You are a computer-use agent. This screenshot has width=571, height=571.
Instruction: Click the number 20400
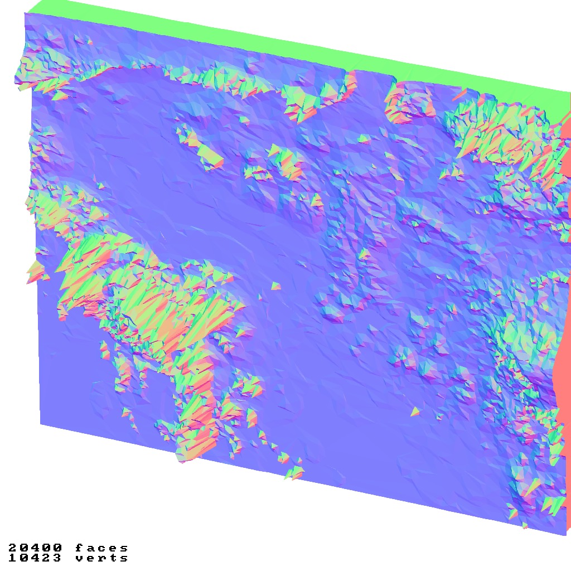[35, 548]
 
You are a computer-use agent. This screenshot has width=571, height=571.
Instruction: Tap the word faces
[101, 548]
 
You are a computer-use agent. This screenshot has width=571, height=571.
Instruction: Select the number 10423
[35, 558]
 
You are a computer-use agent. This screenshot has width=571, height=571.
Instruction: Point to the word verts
[101, 558]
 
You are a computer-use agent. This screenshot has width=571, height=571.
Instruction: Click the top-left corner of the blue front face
[25, 13]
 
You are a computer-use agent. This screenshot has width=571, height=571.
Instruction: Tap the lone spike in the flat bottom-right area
[415, 412]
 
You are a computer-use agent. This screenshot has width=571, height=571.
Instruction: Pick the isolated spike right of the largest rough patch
[276, 286]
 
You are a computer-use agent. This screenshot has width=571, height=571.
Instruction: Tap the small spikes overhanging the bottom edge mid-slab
[294, 473]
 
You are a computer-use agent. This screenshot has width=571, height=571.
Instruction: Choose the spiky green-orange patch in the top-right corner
[502, 131]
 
